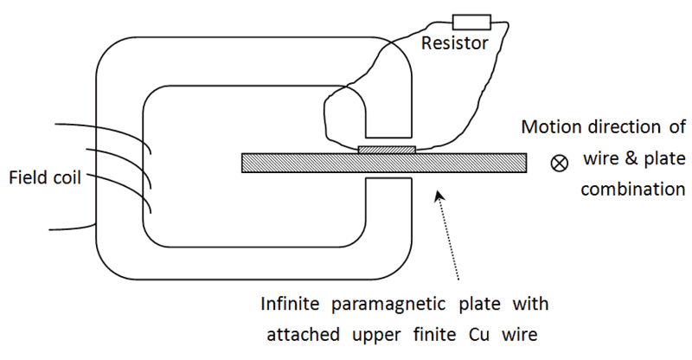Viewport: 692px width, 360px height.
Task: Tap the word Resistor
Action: pos(453,42)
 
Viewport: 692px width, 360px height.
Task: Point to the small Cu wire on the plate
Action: pos(387,150)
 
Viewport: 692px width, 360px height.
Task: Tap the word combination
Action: pos(633,188)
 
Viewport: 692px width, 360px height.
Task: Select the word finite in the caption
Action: pos(433,332)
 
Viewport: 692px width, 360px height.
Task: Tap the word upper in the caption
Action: pos(372,334)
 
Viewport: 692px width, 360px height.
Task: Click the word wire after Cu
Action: pos(519,332)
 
